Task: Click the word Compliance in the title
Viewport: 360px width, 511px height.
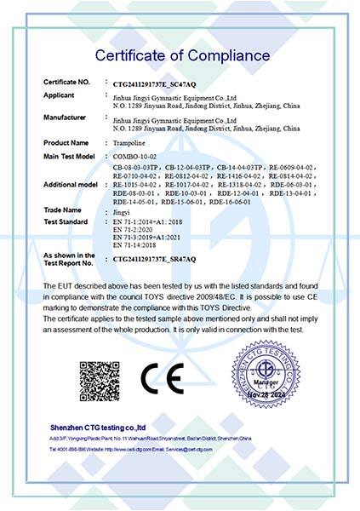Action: pos(227,55)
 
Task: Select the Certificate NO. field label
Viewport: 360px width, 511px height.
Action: pos(66,82)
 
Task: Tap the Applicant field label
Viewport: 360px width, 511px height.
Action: pos(60,96)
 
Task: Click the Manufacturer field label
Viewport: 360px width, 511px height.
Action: pos(65,117)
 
